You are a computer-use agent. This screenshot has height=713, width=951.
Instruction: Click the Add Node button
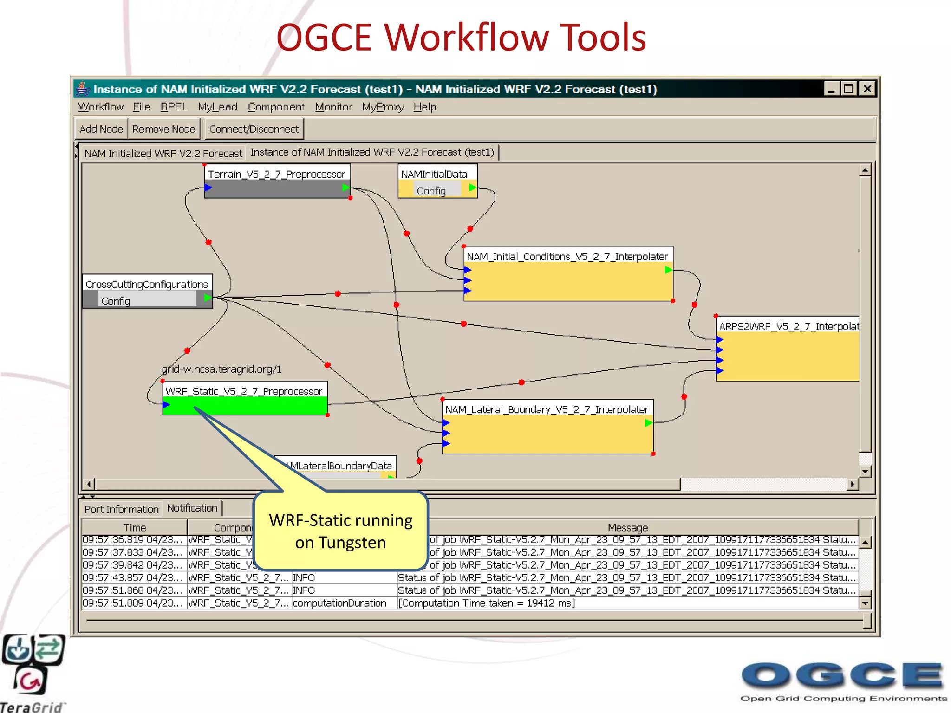pos(101,129)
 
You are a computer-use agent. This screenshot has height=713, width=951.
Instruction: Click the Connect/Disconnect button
pos(254,129)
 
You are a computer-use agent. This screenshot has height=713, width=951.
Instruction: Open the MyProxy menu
pos(383,107)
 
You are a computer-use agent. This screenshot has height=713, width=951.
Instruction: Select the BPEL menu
pos(174,107)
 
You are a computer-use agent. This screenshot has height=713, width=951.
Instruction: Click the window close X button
pos(867,89)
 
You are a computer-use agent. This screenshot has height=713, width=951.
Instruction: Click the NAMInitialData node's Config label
pos(431,191)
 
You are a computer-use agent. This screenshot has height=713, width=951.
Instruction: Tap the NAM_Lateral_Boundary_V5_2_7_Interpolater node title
pos(547,409)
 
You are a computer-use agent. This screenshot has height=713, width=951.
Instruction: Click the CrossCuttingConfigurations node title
pos(147,284)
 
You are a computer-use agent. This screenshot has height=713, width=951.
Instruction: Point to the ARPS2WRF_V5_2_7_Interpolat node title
pos(788,326)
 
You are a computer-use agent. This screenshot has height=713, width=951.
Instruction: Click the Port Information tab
pos(121,509)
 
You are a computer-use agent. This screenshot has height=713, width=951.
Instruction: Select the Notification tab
pos(192,508)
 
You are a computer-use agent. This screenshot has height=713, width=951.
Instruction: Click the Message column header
pos(627,528)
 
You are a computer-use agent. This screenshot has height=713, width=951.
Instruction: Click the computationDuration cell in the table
pos(339,603)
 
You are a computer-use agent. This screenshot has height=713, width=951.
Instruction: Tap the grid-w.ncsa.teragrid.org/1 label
pos(222,369)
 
